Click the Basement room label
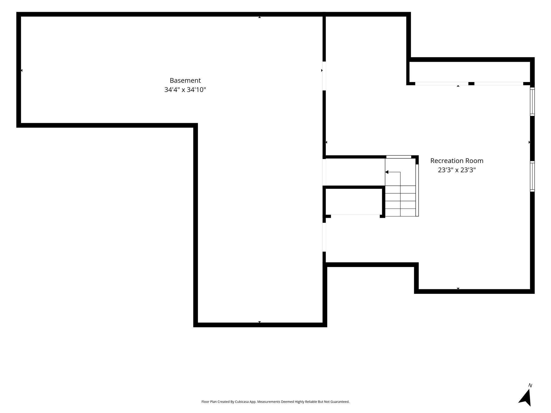pyautogui.click(x=185, y=80)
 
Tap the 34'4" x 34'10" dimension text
pyautogui.click(x=185, y=90)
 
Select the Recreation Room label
pyautogui.click(x=457, y=161)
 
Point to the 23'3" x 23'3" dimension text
pyautogui.click(x=457, y=170)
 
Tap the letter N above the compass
pyautogui.click(x=530, y=386)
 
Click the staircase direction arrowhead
pyautogui.click(x=387, y=172)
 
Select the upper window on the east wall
pyautogui.click(x=532, y=102)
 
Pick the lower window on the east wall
pyautogui.click(x=532, y=176)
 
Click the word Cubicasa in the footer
pyautogui.click(x=241, y=402)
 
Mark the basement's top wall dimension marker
pyautogui.click(x=260, y=17)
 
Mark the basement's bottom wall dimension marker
pyautogui.click(x=260, y=322)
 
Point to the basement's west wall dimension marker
pyautogui.click(x=22, y=70)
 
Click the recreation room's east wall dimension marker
pyautogui.click(x=529, y=142)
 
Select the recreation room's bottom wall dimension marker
pyautogui.click(x=458, y=289)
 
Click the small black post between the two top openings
pyautogui.click(x=471, y=84)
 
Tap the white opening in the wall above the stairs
pyautogui.click(x=399, y=157)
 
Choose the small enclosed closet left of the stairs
pyautogui.click(x=354, y=202)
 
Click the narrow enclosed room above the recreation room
pyautogui.click(x=470, y=72)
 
